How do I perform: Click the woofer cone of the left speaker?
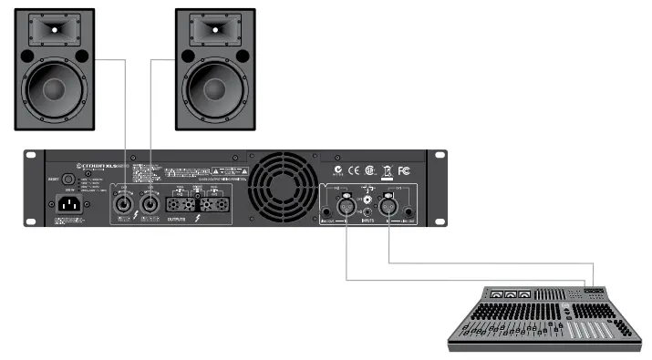[54, 89]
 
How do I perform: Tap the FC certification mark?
[405, 170]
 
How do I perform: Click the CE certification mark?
[355, 170]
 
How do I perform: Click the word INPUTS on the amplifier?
[368, 221]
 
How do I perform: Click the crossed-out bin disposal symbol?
[387, 170]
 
